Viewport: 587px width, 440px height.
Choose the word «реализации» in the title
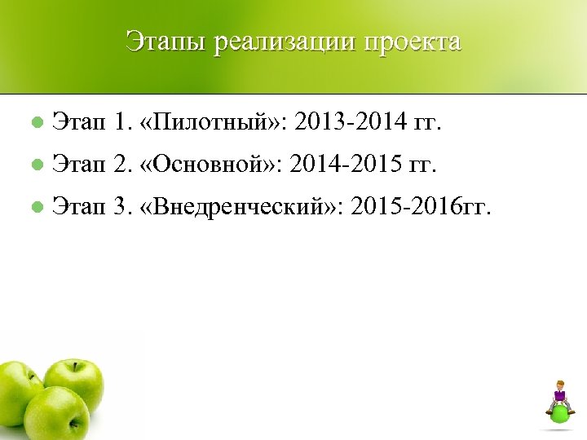coord(280,42)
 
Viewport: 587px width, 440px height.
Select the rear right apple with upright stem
coord(75,381)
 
